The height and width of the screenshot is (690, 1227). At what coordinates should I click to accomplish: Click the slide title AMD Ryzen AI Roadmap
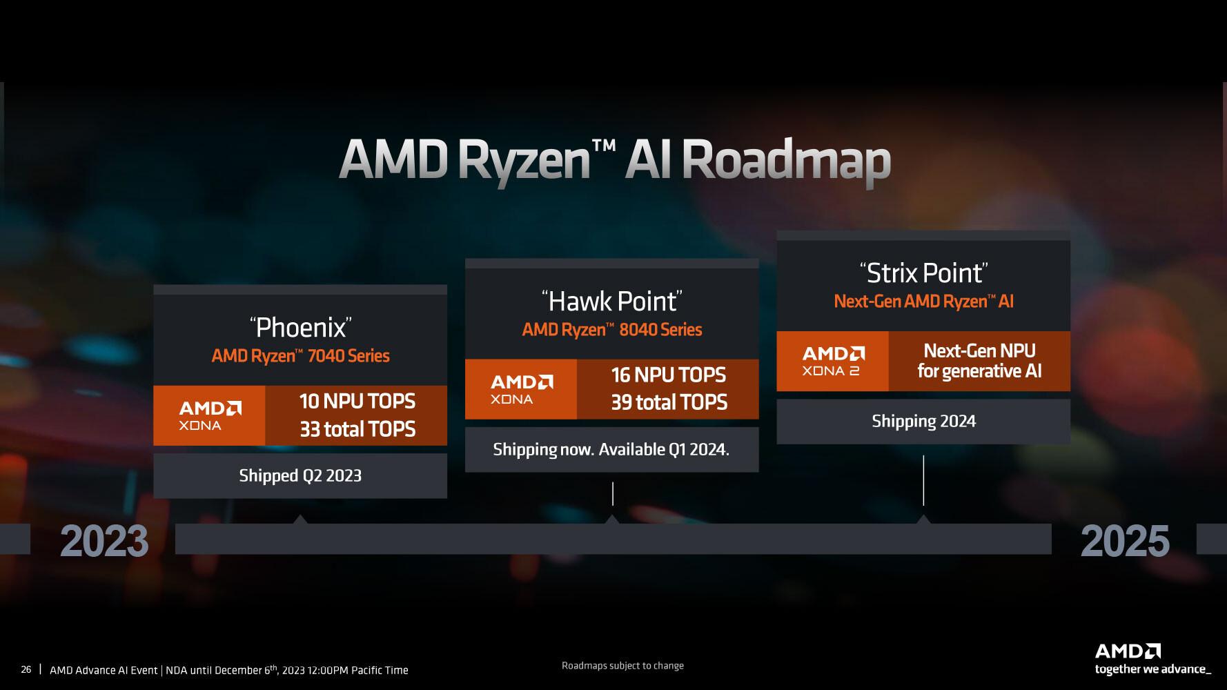[x=614, y=160]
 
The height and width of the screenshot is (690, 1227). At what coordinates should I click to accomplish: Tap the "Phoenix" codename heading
[x=300, y=327]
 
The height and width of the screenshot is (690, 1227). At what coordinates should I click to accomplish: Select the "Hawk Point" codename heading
[x=612, y=301]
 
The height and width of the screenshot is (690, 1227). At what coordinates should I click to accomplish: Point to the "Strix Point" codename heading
[x=923, y=273]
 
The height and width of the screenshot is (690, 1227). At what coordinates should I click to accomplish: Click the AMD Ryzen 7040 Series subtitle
[x=300, y=356]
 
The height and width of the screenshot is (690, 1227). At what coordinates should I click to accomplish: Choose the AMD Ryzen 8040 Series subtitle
[x=612, y=330]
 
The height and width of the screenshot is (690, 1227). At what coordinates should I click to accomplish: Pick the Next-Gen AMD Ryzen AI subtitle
[x=923, y=302]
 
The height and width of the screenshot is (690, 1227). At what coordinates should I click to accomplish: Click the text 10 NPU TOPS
[x=357, y=402]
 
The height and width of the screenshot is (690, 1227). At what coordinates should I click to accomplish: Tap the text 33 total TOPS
[x=357, y=429]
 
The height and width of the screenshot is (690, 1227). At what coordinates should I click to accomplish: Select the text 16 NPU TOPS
[x=668, y=375]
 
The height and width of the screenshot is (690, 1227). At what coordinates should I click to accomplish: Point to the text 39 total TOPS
[x=669, y=402]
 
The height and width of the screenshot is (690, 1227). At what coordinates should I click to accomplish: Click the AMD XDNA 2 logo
[x=833, y=362]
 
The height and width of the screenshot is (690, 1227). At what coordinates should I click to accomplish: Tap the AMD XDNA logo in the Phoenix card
[x=210, y=415]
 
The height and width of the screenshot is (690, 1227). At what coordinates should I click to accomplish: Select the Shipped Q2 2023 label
[x=300, y=475]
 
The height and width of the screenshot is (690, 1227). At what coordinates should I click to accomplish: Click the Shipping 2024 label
[x=923, y=422]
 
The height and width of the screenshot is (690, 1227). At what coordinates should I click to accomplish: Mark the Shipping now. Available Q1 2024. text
[x=611, y=450]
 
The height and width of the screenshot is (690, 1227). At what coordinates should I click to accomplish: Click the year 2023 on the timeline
[x=104, y=541]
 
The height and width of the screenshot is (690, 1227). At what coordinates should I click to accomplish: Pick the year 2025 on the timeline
[x=1125, y=541]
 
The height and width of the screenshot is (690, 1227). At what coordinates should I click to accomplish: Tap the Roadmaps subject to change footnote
[x=622, y=666]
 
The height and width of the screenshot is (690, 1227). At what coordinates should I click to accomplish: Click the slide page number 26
[x=26, y=669]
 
